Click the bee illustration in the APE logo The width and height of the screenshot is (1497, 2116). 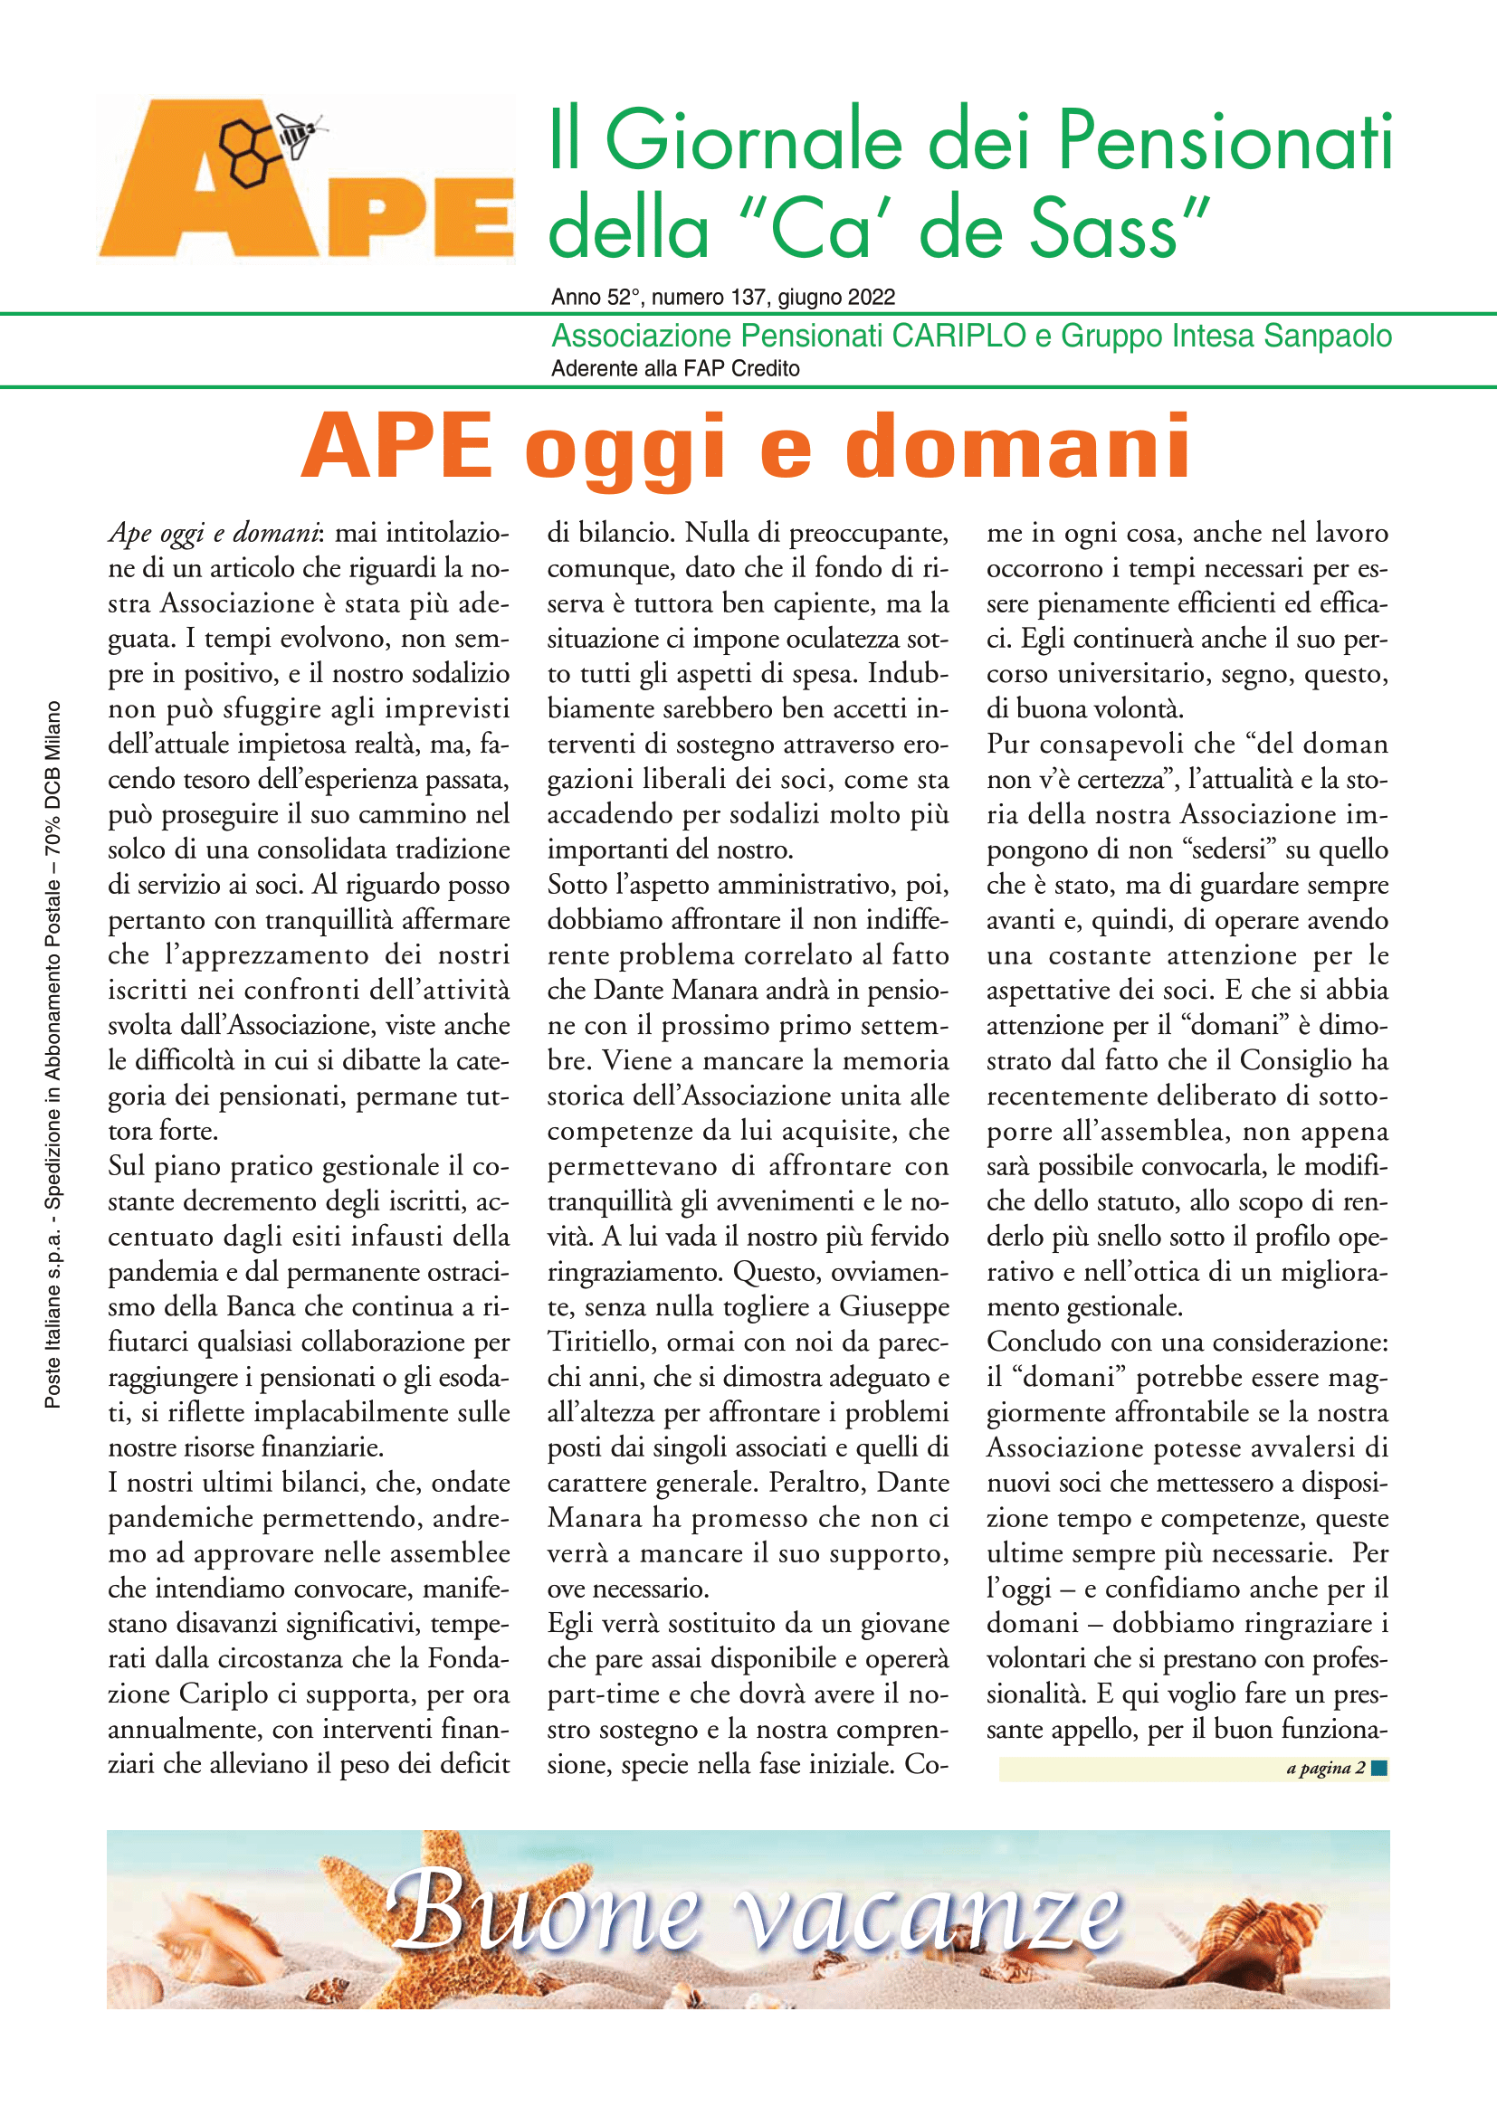coord(300,135)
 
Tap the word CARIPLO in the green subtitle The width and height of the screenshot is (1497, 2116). coord(958,336)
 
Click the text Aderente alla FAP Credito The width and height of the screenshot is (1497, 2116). coord(675,368)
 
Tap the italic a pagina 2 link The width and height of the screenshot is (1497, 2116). coord(1325,1768)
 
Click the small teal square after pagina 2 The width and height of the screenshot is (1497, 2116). coord(1379,1768)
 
